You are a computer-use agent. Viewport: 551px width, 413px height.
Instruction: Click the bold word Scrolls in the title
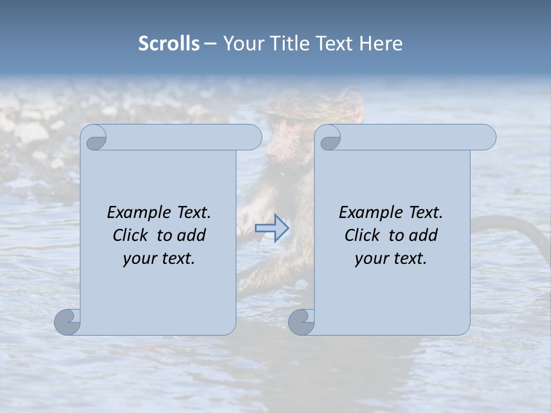click(x=169, y=44)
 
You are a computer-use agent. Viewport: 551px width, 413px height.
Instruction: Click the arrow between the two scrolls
click(x=272, y=228)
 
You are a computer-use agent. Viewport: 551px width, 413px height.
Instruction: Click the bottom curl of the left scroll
click(x=68, y=322)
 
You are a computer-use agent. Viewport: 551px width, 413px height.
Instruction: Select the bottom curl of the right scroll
click(x=302, y=322)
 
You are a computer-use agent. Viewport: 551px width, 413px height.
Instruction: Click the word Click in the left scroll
click(x=131, y=235)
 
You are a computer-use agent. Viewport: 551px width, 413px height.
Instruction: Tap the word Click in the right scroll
click(x=363, y=235)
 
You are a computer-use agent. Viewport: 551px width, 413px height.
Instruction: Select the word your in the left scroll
click(x=138, y=259)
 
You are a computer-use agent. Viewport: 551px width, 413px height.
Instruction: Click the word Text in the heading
click(x=335, y=44)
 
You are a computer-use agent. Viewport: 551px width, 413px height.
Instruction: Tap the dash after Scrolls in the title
click(x=210, y=44)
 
